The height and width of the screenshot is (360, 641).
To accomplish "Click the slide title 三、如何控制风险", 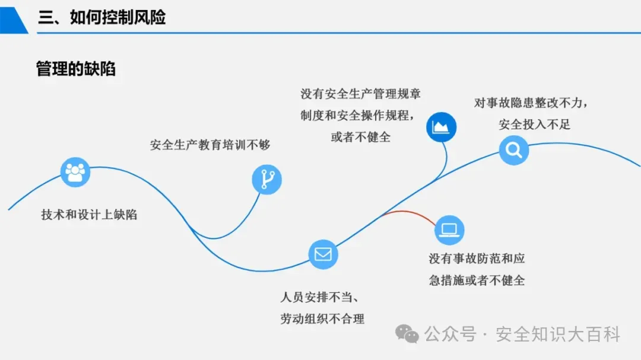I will tap(101, 17).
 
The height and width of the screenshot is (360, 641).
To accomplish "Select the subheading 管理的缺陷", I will tap(76, 69).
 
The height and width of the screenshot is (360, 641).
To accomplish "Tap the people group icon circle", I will tap(75, 172).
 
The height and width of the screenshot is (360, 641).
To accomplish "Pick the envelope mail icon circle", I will tap(323, 254).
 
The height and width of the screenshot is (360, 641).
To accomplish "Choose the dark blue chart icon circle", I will tap(442, 126).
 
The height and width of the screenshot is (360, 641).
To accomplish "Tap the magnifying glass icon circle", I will tap(513, 150).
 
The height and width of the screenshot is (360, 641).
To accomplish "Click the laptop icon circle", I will tap(449, 230).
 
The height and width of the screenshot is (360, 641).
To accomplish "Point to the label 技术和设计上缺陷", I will tap(89, 215).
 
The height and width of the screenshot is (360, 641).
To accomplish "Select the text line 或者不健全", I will tap(361, 136).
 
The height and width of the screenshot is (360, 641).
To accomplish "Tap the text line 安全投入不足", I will tap(535, 125).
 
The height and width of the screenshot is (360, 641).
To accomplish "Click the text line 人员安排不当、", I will tap(326, 297).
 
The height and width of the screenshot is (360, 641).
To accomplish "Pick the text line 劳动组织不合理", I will tap(322, 318).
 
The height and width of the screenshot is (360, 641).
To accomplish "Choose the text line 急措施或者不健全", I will tap(477, 280).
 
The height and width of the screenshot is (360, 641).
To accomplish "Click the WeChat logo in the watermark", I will tap(407, 334).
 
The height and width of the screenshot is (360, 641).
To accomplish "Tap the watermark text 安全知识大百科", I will tap(557, 334).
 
